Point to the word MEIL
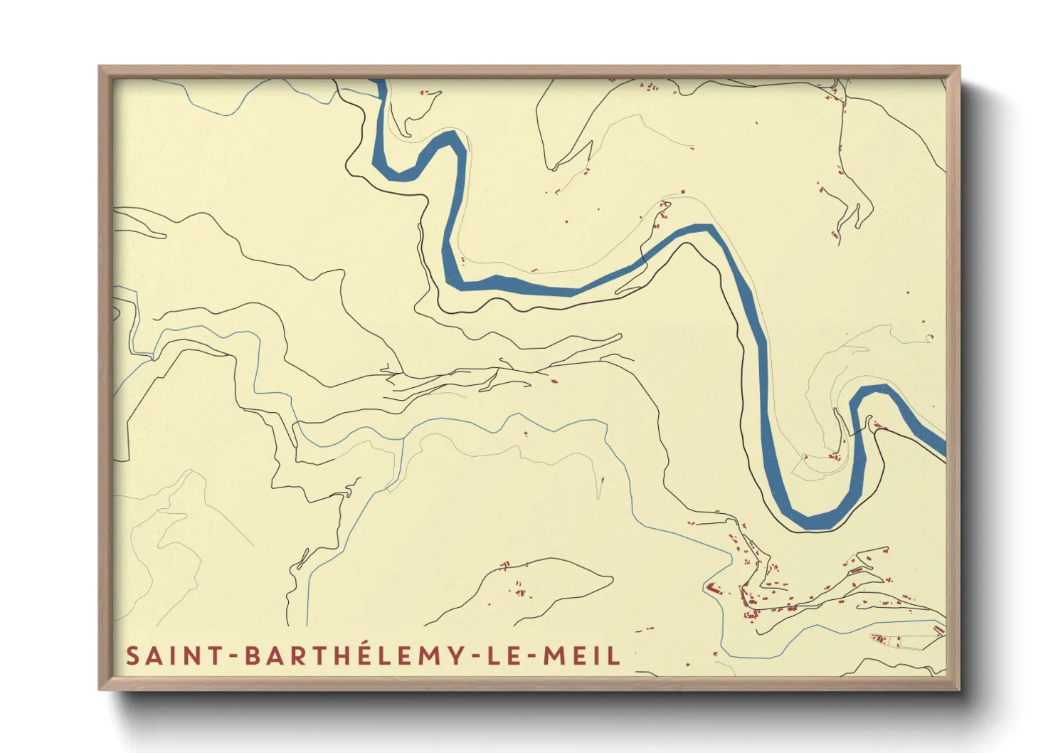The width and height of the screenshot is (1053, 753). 581,655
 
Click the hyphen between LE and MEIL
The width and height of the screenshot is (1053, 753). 531,656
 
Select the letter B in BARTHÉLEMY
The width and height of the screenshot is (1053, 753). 253,655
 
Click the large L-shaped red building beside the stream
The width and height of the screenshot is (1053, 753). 712,589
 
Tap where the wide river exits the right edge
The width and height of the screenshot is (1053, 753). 943,448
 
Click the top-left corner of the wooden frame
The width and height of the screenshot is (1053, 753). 100,67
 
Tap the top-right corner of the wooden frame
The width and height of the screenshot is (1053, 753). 959,67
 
